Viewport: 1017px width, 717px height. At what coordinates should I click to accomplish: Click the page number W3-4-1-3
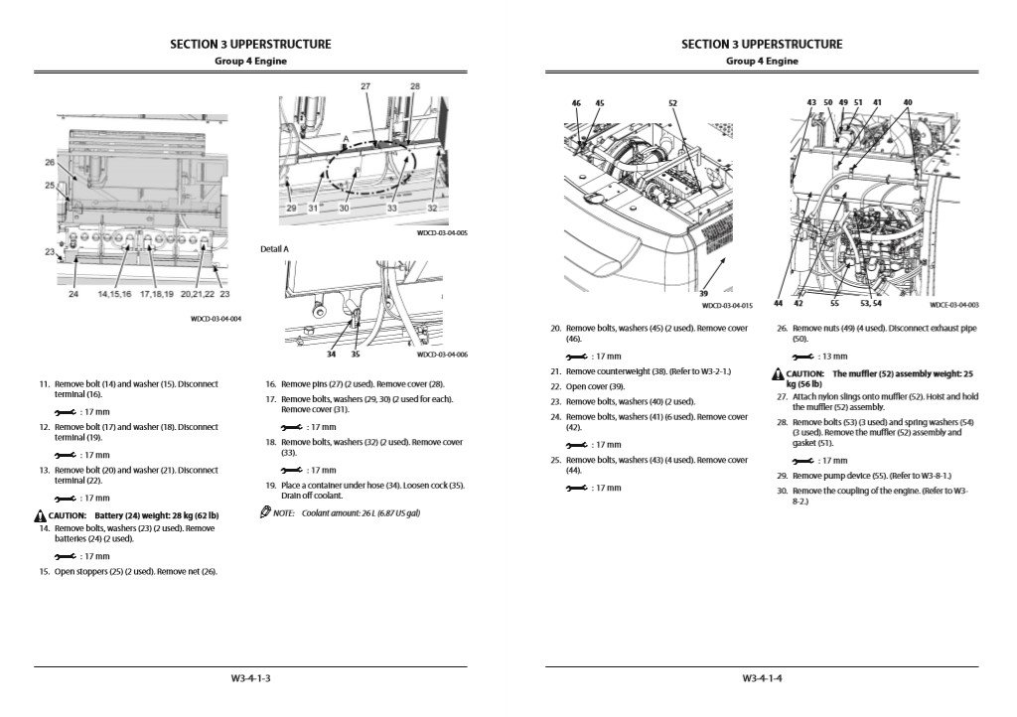(250, 678)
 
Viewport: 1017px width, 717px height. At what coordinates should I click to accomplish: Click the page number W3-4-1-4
(762, 678)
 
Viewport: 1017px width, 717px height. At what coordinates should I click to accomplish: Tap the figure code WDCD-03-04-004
(216, 319)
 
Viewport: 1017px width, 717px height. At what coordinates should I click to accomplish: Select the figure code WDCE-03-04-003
(953, 305)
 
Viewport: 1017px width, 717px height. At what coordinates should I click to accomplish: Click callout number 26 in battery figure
(50, 162)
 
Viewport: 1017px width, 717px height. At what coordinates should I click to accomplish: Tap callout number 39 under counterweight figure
(702, 294)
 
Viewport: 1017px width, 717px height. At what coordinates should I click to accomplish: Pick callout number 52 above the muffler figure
(672, 103)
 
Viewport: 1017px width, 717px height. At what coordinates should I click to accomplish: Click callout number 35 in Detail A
(356, 354)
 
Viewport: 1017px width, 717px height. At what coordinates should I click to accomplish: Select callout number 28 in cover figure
(414, 87)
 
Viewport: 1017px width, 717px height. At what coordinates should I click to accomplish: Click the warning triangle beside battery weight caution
(39, 515)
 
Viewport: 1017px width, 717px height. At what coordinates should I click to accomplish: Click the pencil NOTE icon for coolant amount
(264, 512)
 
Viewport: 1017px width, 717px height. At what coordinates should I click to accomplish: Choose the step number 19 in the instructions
(270, 485)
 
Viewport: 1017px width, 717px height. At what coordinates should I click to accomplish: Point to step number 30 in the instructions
(782, 492)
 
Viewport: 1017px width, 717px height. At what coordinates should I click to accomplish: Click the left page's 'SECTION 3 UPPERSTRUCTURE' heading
(250, 45)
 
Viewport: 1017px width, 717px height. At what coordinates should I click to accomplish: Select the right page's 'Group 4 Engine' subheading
(762, 62)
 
